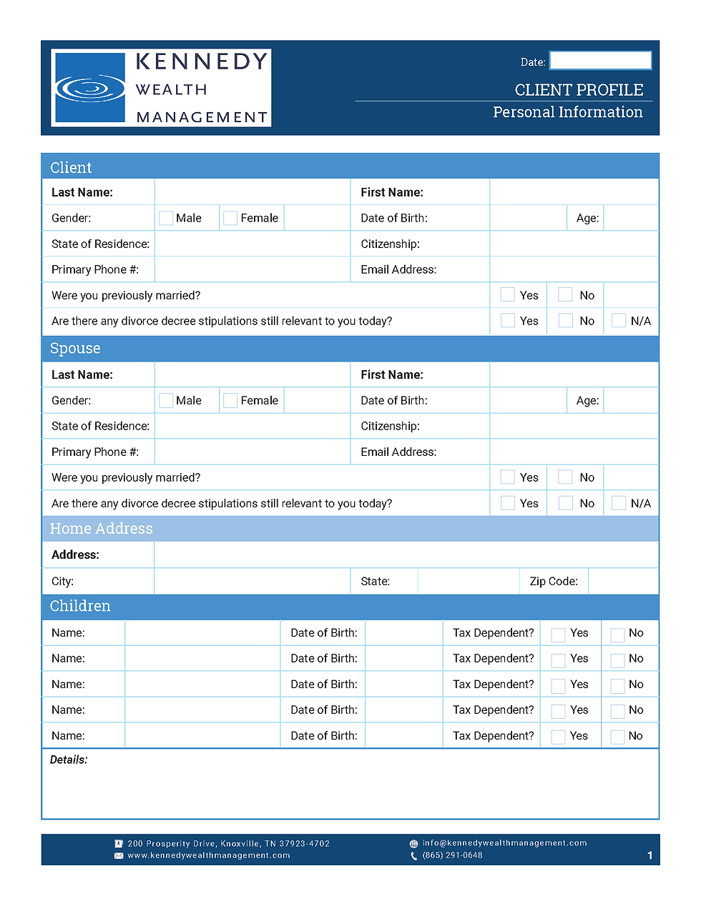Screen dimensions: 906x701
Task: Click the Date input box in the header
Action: tap(600, 61)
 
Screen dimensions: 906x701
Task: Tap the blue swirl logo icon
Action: tap(89, 88)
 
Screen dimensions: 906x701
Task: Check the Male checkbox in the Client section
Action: tap(166, 218)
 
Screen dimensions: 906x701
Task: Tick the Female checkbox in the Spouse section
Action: tap(230, 401)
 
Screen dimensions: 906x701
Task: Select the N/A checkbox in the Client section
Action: tap(619, 321)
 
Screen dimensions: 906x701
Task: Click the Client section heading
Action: tap(71, 167)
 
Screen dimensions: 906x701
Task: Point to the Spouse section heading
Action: tap(75, 348)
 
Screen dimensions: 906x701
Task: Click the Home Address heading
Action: tap(101, 529)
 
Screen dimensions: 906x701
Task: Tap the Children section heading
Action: tap(80, 606)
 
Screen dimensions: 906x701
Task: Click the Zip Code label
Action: tap(554, 582)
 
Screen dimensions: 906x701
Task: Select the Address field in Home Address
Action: tap(406, 555)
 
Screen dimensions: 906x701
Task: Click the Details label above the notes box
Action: tap(69, 760)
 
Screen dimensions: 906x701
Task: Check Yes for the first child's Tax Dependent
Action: tap(558, 634)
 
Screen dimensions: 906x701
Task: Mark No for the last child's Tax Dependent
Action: tap(617, 737)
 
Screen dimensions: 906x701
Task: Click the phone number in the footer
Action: tap(452, 855)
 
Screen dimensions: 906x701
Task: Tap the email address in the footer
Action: tap(504, 843)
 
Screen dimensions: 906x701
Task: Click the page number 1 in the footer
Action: tap(649, 855)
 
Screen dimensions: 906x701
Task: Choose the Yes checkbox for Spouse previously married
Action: tap(508, 477)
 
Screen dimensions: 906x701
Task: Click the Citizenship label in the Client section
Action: tap(390, 244)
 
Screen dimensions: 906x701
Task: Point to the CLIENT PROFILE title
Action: tap(579, 90)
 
